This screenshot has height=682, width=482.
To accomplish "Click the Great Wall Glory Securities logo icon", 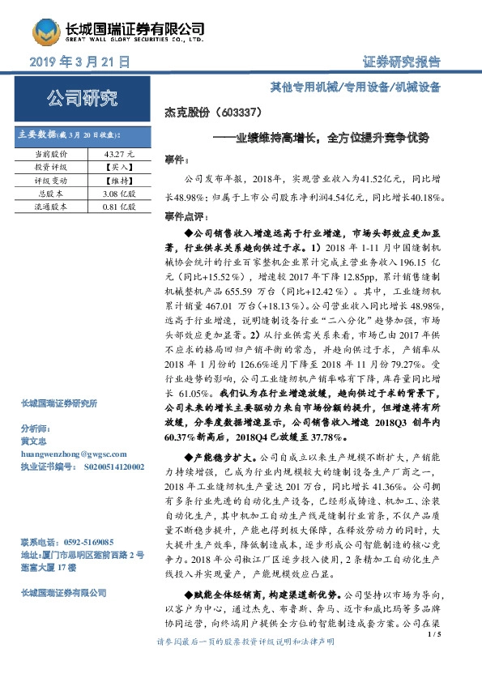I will point(45,31).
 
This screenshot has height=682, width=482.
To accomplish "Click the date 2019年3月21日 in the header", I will point(79,62).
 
